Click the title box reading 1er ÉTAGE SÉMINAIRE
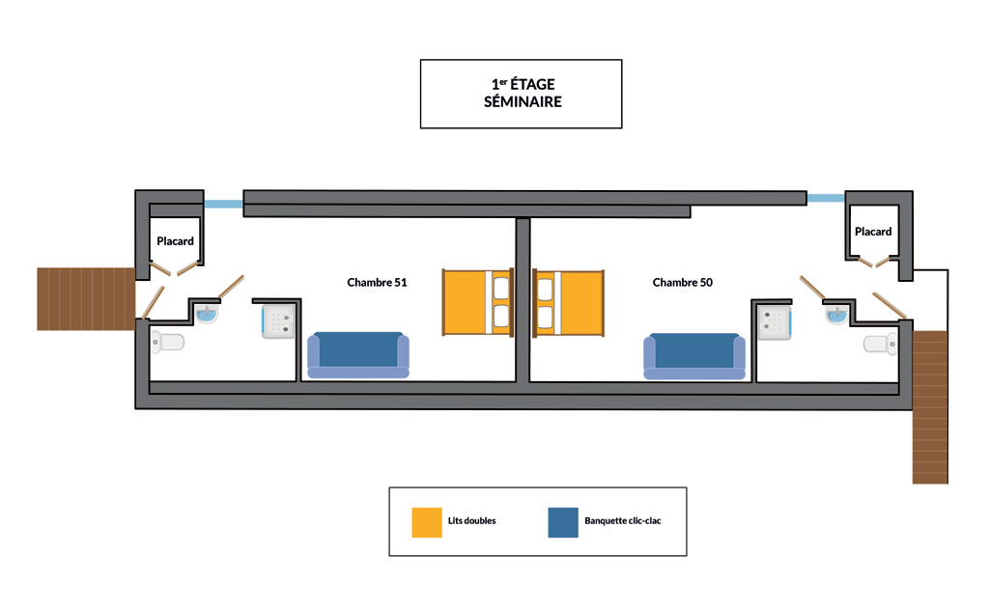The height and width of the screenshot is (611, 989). pos(521,94)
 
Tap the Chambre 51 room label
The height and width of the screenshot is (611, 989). pos(378,283)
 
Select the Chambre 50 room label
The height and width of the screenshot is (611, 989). pos(683,283)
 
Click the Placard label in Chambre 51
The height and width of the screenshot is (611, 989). pos(176,241)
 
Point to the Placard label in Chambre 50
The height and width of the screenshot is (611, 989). pos(873,232)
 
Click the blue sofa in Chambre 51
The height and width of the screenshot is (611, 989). pos(358,355)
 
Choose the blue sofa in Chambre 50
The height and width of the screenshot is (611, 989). pos(694,356)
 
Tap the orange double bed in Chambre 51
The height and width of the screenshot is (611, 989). pos(478,302)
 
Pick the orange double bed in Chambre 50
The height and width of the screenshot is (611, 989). pos(568,303)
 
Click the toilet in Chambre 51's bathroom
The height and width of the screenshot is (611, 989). pos(168,343)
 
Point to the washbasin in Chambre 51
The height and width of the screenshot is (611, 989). pos(207,314)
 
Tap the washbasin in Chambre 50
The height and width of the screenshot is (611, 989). pos(836,314)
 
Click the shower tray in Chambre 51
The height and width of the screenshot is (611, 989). pos(278,321)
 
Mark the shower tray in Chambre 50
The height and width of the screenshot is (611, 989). pos(775,322)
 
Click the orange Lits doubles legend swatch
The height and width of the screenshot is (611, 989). pos(427,522)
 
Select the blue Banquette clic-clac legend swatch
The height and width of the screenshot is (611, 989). pos(563,522)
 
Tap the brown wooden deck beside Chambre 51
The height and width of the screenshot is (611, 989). pos(86,299)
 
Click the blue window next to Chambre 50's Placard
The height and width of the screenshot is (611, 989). pos(826,198)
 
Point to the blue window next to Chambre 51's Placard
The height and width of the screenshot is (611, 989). pos(223,204)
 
